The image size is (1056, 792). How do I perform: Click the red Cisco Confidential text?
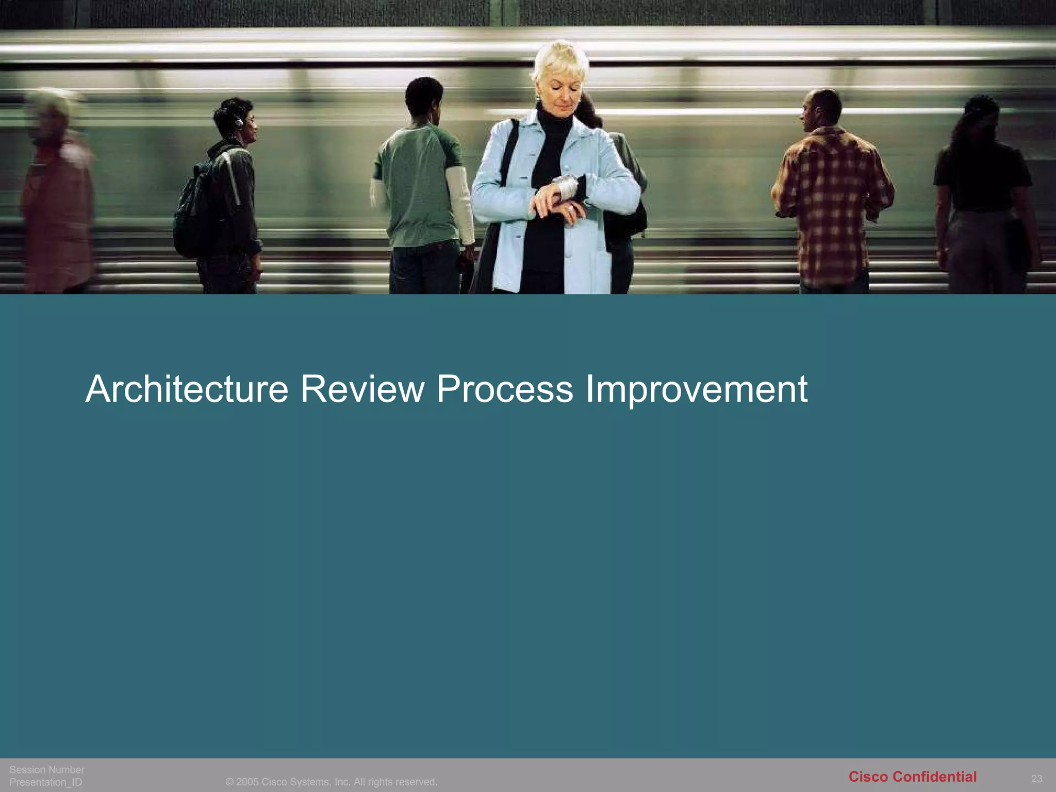pos(912,777)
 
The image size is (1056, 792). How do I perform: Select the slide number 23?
pos(1036,779)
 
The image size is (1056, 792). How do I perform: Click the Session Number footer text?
pos(47,770)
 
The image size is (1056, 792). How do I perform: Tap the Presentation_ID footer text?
pos(46,782)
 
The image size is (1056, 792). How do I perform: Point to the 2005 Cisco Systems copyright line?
pos(331,782)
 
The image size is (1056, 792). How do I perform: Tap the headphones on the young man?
pos(239,122)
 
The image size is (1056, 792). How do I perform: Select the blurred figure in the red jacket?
pos(57,196)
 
